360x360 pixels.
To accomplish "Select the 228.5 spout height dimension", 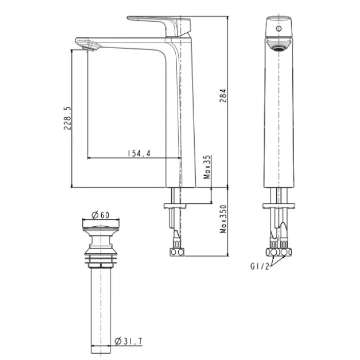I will [x=67, y=118].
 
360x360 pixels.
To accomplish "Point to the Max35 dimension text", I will [x=207, y=167].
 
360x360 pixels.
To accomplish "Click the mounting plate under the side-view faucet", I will [x=175, y=206].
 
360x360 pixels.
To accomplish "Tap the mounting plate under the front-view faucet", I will [x=279, y=206].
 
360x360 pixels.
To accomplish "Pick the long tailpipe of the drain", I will [x=100, y=307].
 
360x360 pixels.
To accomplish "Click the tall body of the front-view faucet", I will [x=279, y=116].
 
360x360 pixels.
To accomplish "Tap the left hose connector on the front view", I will [x=273, y=253].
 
